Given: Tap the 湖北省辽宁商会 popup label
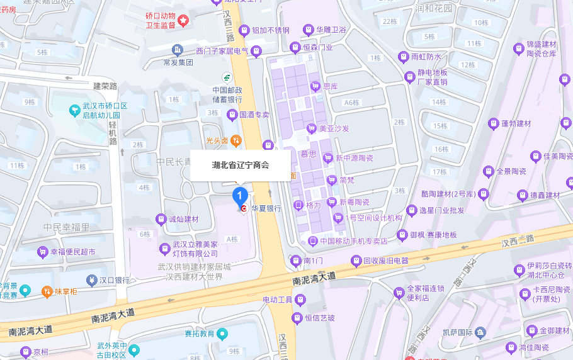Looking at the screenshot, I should pyautogui.click(x=240, y=165).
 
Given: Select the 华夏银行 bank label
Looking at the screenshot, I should pyautogui.click(x=266, y=208).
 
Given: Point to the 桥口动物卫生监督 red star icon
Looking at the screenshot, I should pyautogui.click(x=183, y=21).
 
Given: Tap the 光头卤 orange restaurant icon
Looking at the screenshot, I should pyautogui.click(x=235, y=140).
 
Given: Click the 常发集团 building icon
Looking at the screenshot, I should pyautogui.click(x=178, y=50).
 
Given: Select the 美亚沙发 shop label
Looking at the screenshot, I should pyautogui.click(x=334, y=128).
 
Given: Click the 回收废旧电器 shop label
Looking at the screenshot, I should pyautogui.click(x=386, y=261).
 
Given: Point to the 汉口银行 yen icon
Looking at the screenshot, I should pyautogui.click(x=92, y=279).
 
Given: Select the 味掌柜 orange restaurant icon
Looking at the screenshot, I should pyautogui.click(x=47, y=291).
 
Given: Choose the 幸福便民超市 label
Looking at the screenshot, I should pyautogui.click(x=72, y=252).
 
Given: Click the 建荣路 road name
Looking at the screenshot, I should pyautogui.click(x=105, y=86).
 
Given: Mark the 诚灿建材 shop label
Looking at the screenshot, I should pyautogui.click(x=183, y=219).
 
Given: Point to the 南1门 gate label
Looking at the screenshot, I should pyautogui.click(x=312, y=260).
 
